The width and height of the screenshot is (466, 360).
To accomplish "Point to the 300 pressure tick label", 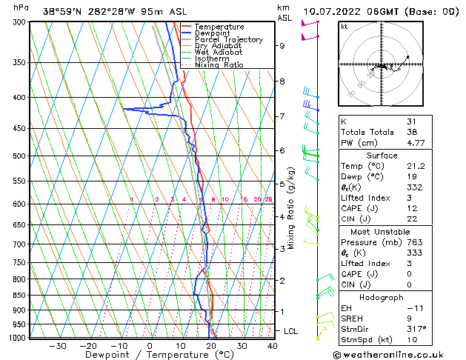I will [x=18, y=22].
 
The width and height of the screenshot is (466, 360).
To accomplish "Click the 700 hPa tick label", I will [x=18, y=244].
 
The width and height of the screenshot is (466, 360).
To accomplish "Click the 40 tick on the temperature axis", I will [x=273, y=345].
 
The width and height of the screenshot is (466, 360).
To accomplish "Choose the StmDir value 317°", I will [x=416, y=329].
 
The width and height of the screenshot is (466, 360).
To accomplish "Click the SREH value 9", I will [x=409, y=318].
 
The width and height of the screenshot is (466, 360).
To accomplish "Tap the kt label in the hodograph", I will [x=344, y=27].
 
